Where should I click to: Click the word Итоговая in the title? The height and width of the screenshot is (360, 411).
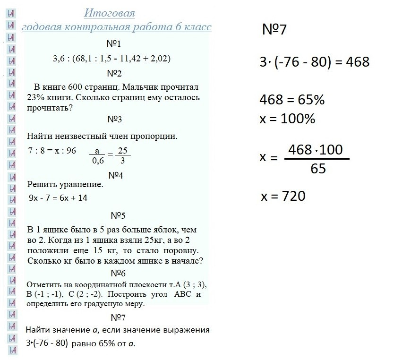[110, 13]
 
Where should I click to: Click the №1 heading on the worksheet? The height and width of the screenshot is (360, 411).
[114, 44]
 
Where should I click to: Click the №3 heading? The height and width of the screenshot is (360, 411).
[114, 120]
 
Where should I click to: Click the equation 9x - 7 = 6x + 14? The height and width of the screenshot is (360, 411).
[57, 198]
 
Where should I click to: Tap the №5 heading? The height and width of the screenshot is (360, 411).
[118, 215]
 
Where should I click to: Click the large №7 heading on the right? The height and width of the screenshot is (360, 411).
[274, 31]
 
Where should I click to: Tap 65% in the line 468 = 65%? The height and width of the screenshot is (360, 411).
[309, 101]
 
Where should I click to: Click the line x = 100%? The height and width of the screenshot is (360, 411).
[287, 119]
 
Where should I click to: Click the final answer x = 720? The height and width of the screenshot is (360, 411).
[283, 196]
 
